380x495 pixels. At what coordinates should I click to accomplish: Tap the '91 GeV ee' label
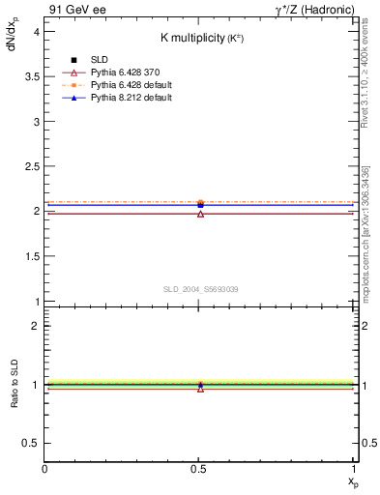point(73,10)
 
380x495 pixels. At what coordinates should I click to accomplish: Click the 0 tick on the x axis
point(44,470)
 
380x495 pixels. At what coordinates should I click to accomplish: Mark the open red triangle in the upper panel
point(200,213)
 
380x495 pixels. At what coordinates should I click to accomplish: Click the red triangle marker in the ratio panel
point(200,388)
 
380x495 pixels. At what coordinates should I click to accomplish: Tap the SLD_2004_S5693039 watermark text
point(200,289)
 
